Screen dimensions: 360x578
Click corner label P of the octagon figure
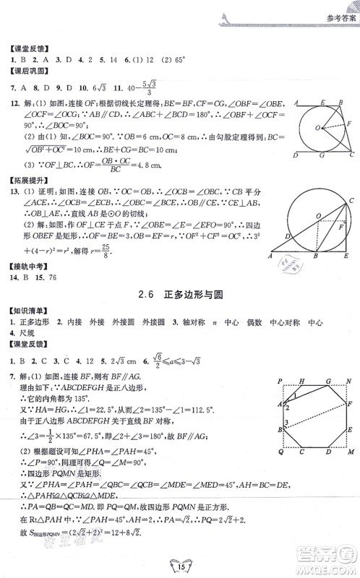click(x=278, y=381)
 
